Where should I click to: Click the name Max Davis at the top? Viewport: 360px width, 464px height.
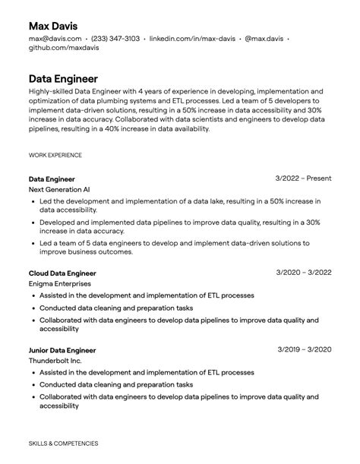[53, 26]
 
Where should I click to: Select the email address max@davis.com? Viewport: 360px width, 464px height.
[55, 38]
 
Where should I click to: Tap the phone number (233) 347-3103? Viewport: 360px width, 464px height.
[115, 38]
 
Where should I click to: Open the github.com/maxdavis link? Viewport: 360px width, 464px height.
[64, 48]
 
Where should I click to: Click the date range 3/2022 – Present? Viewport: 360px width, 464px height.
[303, 178]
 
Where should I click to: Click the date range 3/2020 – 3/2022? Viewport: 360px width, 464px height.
[304, 273]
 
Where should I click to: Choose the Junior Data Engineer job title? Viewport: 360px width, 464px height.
[62, 350]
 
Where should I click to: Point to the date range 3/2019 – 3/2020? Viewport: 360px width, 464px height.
[304, 349]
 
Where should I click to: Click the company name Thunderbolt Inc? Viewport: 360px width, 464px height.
[55, 361]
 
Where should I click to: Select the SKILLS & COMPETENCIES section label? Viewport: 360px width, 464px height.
[63, 443]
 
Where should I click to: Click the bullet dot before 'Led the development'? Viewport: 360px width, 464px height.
[33, 202]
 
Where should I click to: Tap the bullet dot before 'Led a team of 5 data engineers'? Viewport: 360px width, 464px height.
[33, 244]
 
